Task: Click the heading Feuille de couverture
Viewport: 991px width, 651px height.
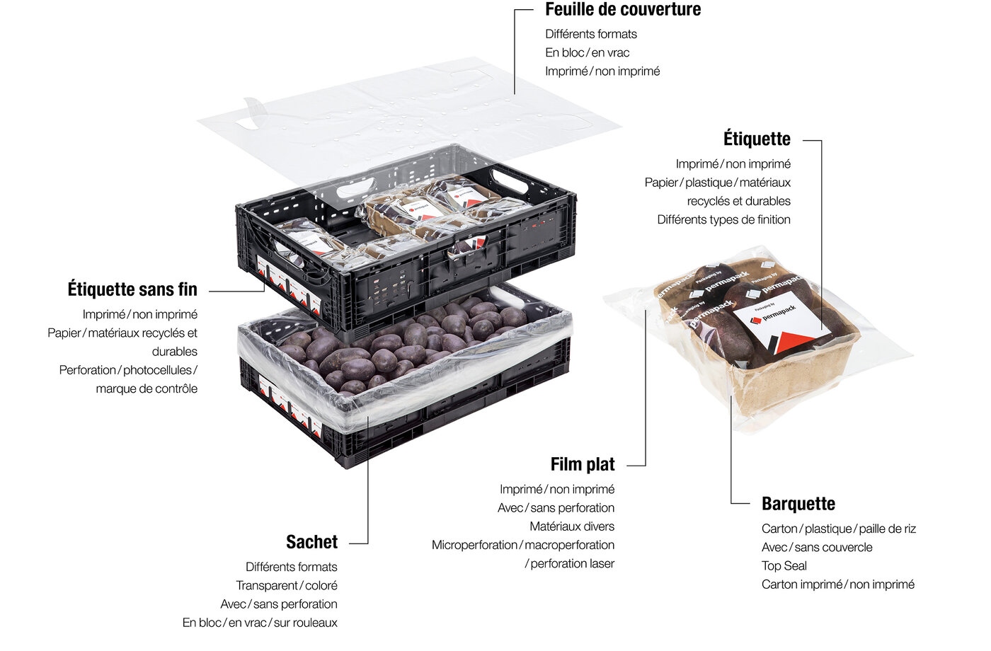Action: point(623,10)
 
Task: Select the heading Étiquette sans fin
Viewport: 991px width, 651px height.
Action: point(132,289)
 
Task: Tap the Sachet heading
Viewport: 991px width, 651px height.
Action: point(311,542)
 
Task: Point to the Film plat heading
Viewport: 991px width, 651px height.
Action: point(583,465)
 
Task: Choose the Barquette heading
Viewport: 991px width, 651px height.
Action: point(798,504)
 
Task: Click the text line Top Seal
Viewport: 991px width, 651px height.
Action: point(784,566)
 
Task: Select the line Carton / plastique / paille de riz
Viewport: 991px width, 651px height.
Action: point(838,529)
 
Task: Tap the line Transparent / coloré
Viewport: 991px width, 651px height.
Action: point(287,586)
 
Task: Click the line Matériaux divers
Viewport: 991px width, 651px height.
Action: point(572,526)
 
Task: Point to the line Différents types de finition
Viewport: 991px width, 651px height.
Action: point(723,220)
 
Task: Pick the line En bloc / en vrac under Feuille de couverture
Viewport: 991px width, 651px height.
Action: point(587,53)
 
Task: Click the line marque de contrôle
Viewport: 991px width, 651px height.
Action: point(147,388)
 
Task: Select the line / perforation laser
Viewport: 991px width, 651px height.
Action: point(569,564)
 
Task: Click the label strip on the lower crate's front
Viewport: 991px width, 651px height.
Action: point(290,409)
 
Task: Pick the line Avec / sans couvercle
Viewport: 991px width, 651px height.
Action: point(817,548)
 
